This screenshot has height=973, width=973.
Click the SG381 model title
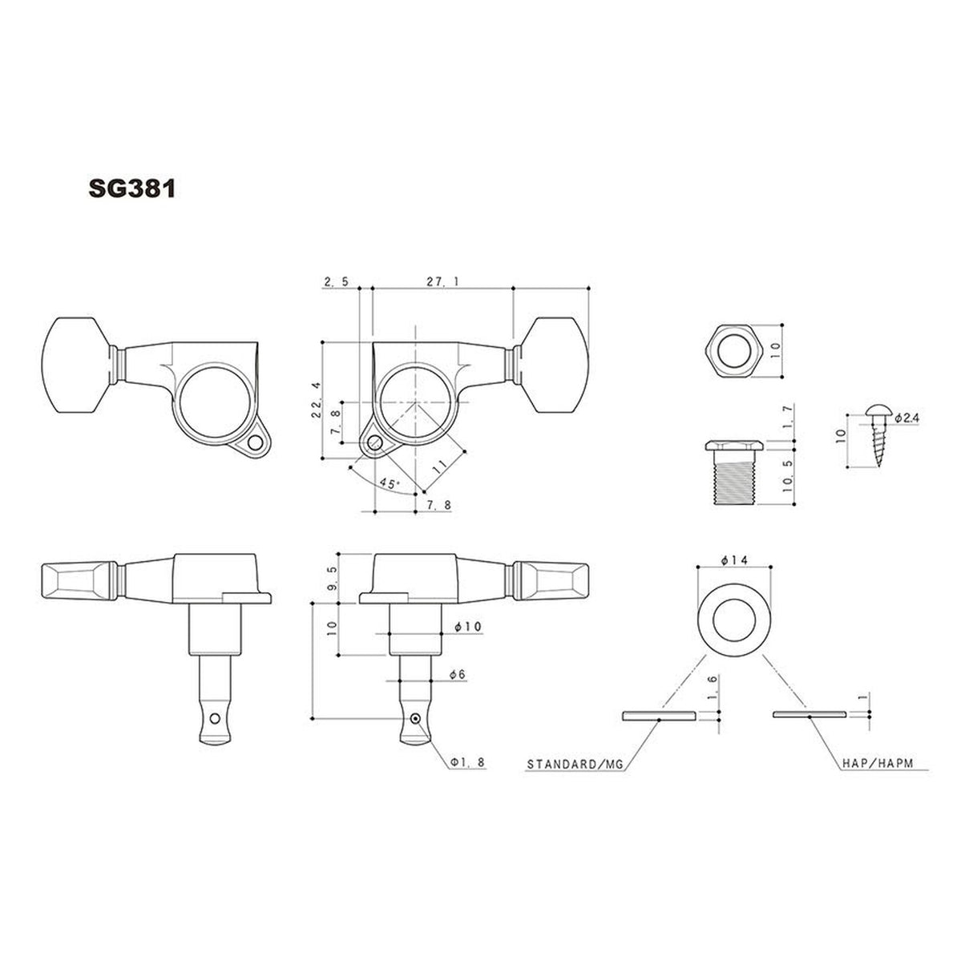tap(131, 188)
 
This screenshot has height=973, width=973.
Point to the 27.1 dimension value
tap(438, 281)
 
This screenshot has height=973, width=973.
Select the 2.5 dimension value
tap(335, 281)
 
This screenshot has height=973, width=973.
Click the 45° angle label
tap(389, 484)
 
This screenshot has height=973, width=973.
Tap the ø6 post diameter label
tap(458, 676)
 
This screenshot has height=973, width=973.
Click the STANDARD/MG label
tap(574, 765)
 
